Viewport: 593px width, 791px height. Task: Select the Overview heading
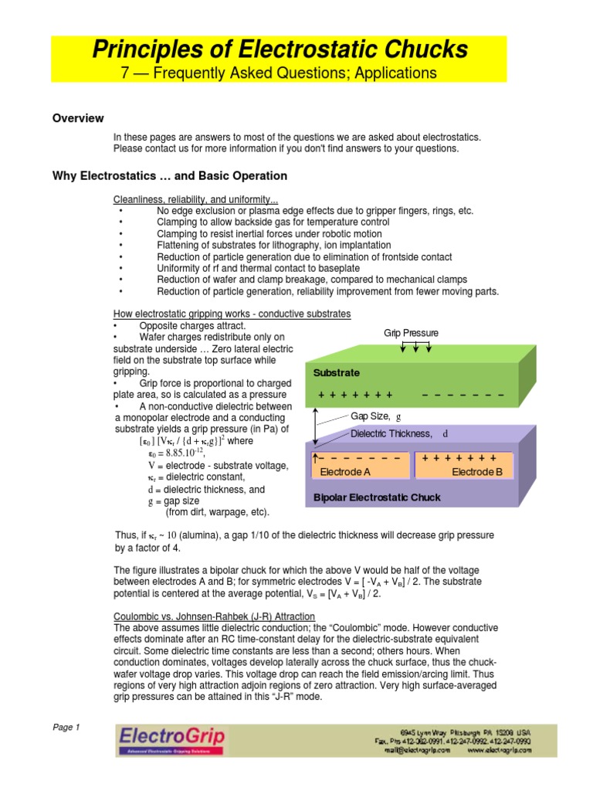(77, 118)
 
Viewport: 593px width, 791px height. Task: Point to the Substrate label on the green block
(337, 372)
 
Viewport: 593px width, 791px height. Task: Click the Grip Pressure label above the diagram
(412, 333)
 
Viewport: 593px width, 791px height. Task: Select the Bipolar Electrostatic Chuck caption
(377, 497)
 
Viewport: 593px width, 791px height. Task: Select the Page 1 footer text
(66, 727)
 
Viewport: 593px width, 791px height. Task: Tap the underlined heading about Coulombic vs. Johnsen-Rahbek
(214, 616)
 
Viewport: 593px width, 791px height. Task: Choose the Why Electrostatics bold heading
(169, 175)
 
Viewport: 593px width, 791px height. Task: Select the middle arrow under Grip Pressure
(416, 347)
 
